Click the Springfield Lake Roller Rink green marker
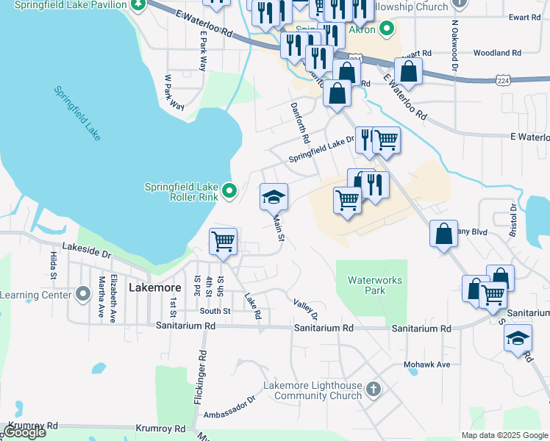coord(229,191)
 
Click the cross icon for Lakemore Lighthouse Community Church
coord(374,389)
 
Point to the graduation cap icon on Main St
coord(274,197)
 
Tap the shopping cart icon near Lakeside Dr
coord(223,240)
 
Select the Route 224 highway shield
coord(503,79)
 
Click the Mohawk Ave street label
coord(426,365)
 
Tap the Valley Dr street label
coord(304,309)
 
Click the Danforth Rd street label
coord(302,123)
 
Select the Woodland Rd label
coord(497,53)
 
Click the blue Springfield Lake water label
coord(76,112)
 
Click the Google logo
coord(24,432)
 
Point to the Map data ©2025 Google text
coord(504,435)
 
